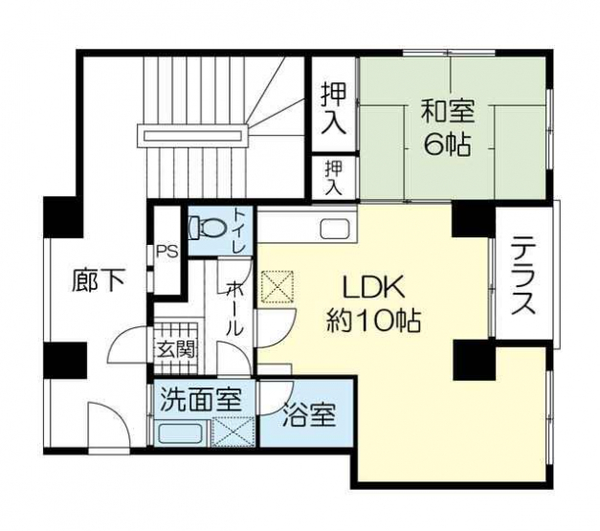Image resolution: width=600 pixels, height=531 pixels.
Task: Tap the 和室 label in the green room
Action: [448, 111]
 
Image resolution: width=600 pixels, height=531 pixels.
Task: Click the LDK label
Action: [373, 288]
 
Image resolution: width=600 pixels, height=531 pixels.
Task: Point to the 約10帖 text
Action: [373, 320]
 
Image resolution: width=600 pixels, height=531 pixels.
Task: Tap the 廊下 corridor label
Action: [99, 280]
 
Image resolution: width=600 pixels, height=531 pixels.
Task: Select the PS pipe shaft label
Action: [167, 253]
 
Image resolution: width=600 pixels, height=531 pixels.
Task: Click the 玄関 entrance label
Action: [176, 348]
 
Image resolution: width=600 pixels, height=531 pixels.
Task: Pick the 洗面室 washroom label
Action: [201, 399]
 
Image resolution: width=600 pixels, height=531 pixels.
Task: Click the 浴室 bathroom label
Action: [309, 415]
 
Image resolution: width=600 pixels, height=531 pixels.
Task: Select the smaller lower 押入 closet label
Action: [334, 178]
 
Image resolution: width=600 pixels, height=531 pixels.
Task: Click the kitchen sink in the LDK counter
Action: [335, 229]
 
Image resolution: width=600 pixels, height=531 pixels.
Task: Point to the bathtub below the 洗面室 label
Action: [180, 433]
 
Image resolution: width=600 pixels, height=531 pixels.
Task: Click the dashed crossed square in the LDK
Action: [278, 287]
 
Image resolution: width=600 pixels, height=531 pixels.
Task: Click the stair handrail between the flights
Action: [193, 136]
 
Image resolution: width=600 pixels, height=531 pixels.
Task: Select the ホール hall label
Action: [233, 309]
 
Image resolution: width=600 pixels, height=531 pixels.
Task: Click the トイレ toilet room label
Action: [239, 232]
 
